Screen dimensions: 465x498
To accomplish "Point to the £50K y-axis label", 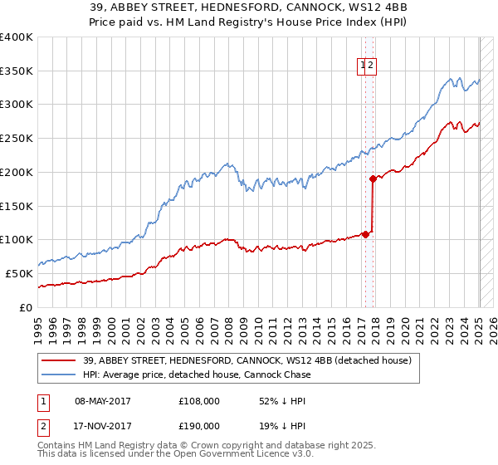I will [x=18, y=273].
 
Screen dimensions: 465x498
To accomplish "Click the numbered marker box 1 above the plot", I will [x=364, y=67].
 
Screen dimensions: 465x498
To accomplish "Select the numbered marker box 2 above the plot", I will [x=372, y=67].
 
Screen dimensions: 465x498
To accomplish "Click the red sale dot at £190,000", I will [x=373, y=179].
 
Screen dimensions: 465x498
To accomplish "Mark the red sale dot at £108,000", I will [x=365, y=234].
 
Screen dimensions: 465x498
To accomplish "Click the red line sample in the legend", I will [x=59, y=360].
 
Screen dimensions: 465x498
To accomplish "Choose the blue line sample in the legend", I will [x=59, y=374].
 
